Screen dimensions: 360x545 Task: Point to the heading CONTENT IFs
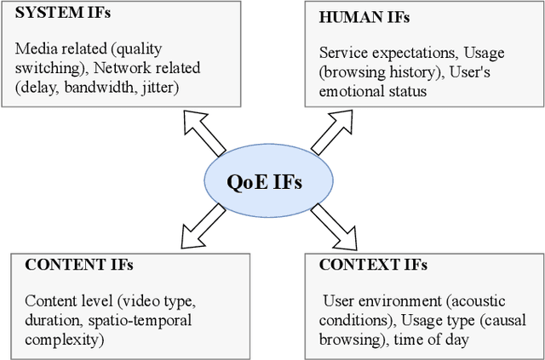(79, 265)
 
